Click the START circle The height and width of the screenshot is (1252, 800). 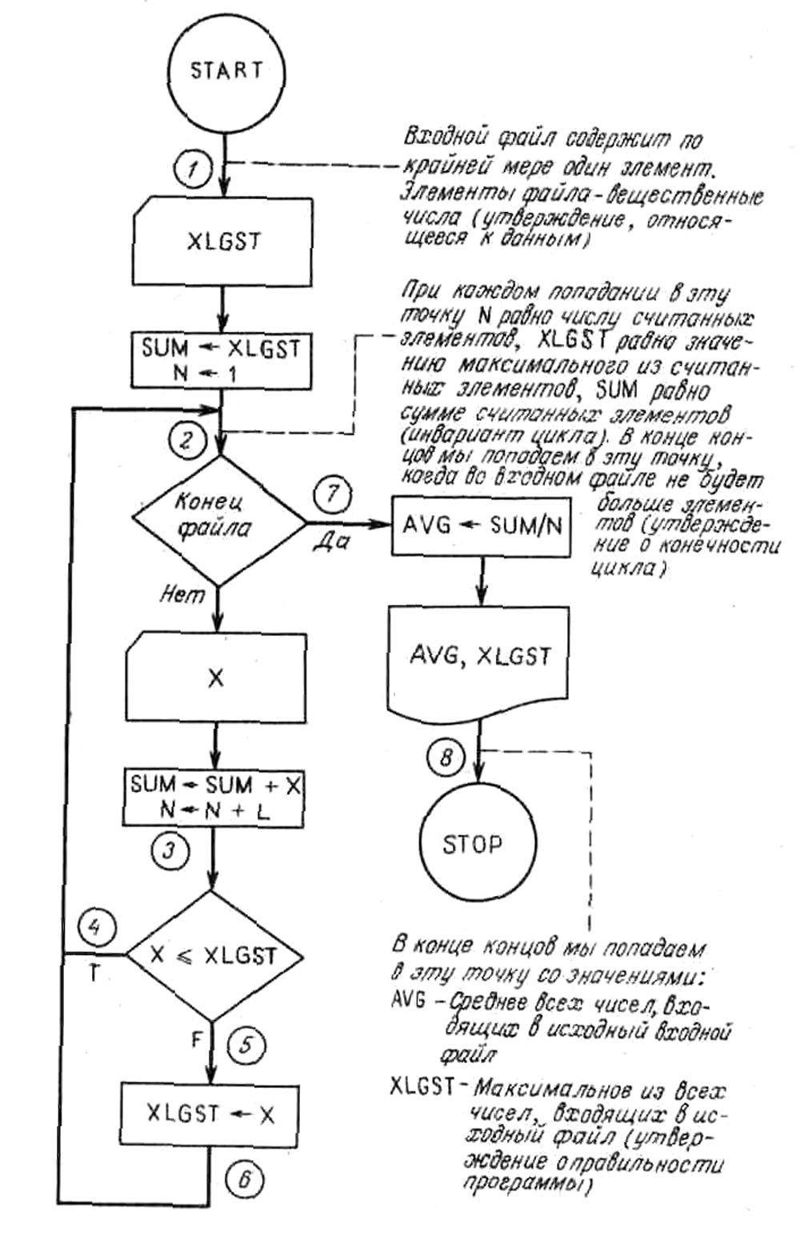pos(226,71)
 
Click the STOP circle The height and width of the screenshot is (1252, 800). pos(473,844)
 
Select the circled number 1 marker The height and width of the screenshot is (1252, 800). pos(191,169)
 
